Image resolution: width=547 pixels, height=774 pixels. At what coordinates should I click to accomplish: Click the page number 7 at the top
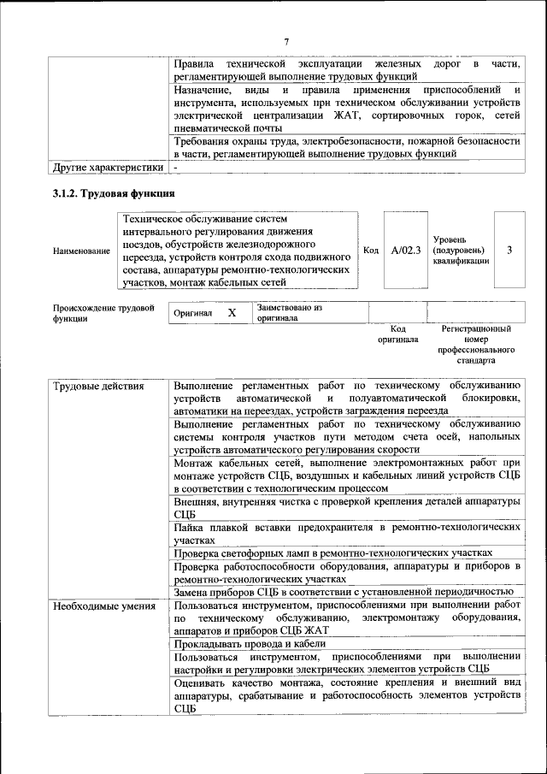click(287, 41)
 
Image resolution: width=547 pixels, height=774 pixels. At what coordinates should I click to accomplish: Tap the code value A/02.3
click(406, 251)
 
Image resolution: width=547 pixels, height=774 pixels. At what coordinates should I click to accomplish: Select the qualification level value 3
click(509, 251)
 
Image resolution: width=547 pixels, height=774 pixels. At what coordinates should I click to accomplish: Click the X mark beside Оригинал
click(231, 313)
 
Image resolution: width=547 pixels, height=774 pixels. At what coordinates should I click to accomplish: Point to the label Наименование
click(81, 251)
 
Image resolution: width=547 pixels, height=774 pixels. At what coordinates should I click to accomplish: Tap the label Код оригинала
click(397, 334)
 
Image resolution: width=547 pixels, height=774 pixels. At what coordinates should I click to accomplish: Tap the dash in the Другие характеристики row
click(175, 168)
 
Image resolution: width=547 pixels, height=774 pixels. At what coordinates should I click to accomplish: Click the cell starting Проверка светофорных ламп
click(333, 553)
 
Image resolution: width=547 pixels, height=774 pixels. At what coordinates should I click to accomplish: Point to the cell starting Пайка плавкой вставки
click(346, 534)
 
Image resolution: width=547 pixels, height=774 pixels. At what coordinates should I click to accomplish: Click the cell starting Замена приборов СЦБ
click(342, 591)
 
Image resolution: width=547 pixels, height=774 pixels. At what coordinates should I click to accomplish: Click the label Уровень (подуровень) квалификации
click(462, 251)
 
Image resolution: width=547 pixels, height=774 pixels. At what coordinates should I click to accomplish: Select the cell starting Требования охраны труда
click(346, 146)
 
